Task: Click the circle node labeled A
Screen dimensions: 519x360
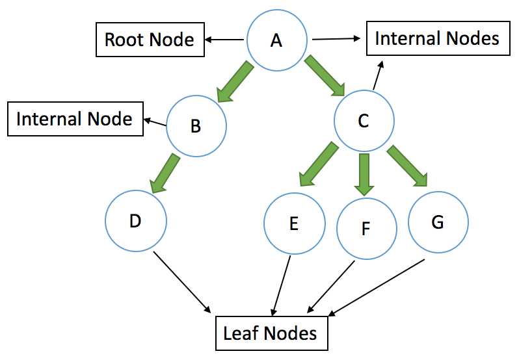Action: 276,40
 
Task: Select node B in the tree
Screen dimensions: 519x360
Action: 196,126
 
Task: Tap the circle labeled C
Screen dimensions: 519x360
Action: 364,121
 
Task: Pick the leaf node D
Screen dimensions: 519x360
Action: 136,221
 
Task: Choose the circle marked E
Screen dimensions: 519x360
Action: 295,224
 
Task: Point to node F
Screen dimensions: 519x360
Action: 367,229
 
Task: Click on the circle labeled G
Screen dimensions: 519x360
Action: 438,222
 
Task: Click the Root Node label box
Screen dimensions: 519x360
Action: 150,40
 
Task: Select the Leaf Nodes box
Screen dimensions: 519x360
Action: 272,333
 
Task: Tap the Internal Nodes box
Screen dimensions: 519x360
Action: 438,38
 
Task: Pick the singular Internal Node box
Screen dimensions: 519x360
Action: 75,119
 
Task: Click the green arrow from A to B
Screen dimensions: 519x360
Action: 234,82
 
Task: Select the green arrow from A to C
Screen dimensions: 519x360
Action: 325,75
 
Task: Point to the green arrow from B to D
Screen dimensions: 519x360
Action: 165,174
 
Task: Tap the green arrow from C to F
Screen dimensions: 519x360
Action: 364,175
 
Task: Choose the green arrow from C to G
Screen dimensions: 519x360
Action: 407,166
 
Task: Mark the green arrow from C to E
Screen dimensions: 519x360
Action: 319,164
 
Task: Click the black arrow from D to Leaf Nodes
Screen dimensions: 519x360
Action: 181,282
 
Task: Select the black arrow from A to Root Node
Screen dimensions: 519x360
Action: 224,40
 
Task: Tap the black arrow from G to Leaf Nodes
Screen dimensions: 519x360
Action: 377,288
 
